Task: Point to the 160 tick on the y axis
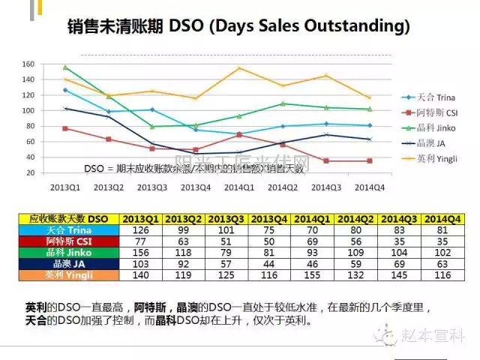click(49, 64)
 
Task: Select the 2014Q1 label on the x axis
click(239, 187)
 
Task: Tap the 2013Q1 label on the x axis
click(67, 187)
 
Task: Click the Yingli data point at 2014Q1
click(239, 68)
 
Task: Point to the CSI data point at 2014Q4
click(369, 160)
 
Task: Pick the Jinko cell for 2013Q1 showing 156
click(140, 253)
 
